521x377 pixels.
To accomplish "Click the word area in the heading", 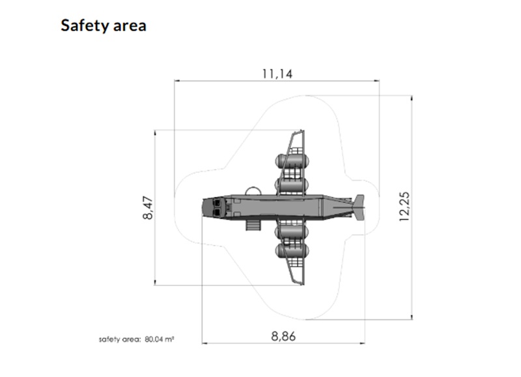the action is click(x=130, y=27).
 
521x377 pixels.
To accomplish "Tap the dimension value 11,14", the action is click(x=277, y=73).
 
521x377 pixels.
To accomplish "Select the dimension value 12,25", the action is click(x=404, y=207).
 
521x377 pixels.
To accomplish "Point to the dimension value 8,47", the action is click(x=148, y=208).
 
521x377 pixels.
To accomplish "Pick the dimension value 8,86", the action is click(x=283, y=336).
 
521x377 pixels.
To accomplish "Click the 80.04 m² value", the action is click(x=160, y=339).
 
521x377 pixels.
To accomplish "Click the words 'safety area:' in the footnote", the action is click(x=120, y=339).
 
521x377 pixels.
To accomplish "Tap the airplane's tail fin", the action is click(x=359, y=207).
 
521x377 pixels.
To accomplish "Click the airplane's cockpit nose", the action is click(x=213, y=207).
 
